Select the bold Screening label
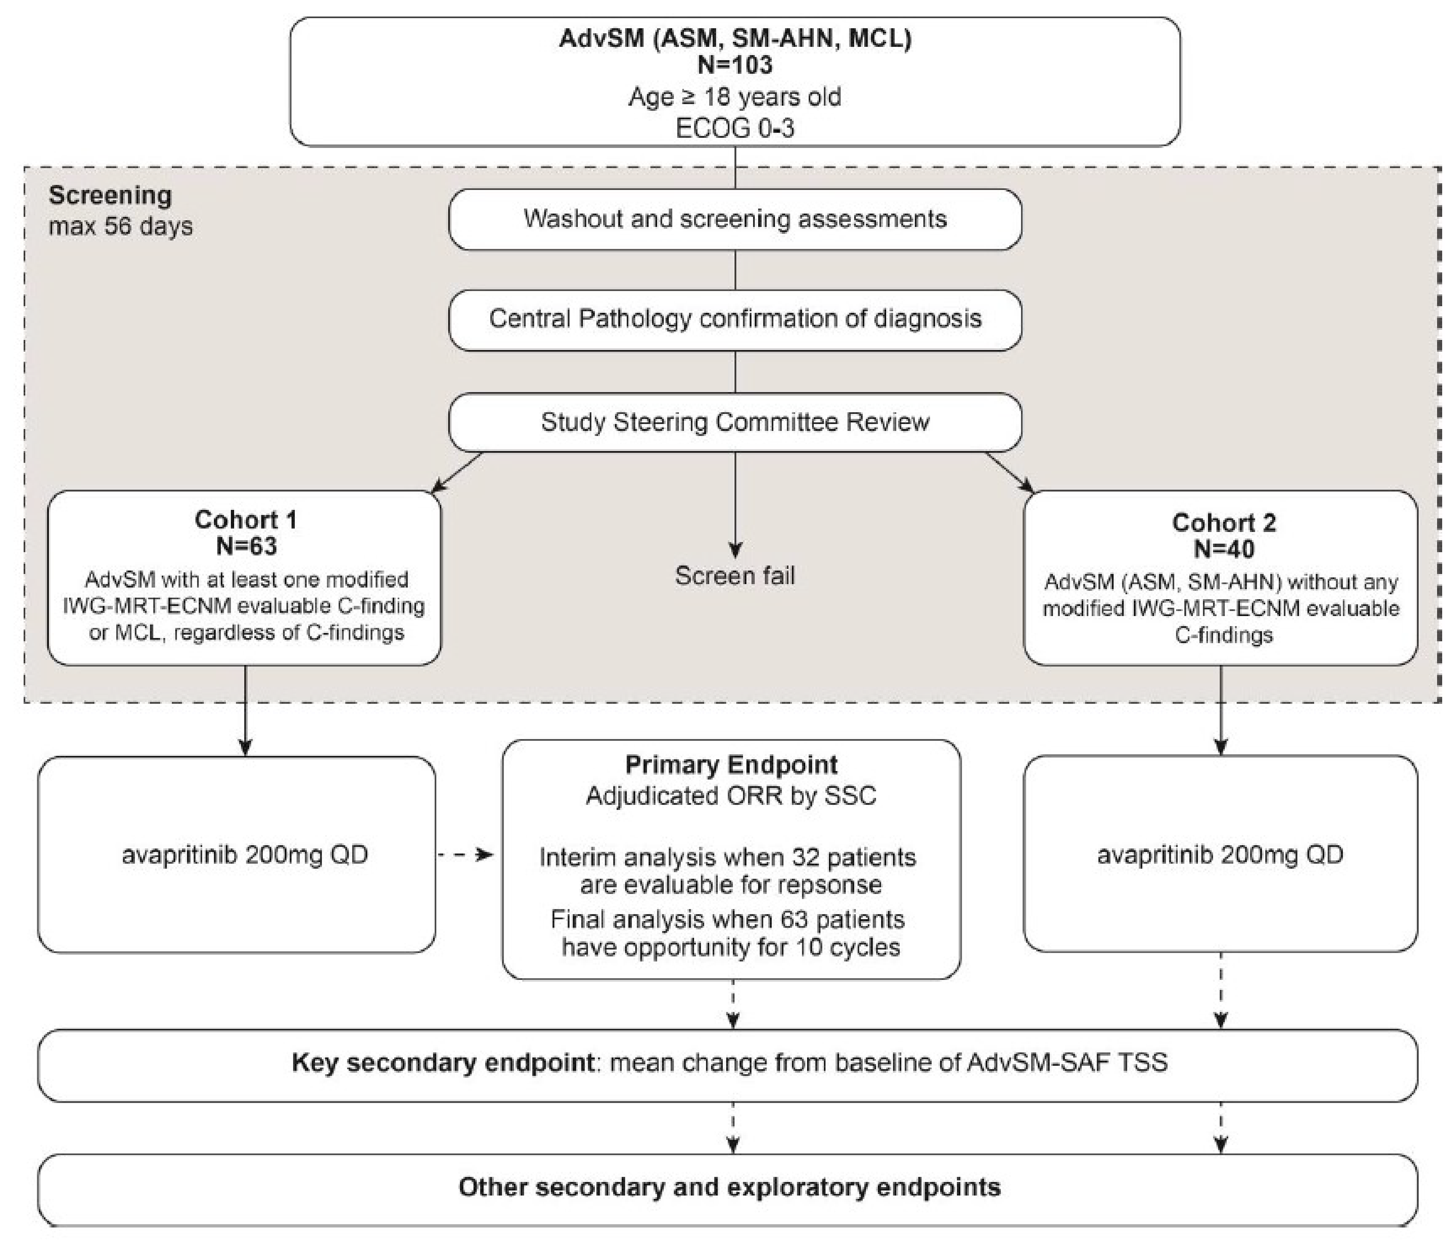tap(110, 195)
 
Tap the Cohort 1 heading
tap(245, 520)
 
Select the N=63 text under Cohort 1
tap(245, 546)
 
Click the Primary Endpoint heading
tap(731, 765)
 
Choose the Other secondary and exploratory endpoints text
tap(729, 1187)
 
